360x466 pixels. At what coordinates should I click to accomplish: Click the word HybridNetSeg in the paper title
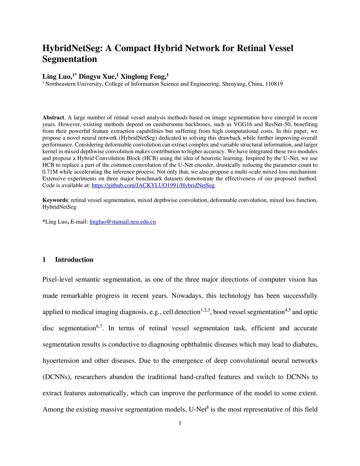tap(72, 48)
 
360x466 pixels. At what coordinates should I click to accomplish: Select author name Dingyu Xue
tap(97, 77)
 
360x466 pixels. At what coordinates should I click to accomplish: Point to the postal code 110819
tap(274, 84)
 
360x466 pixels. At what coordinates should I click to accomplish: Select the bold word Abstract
tap(53, 117)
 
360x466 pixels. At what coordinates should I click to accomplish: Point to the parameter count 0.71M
tap(49, 172)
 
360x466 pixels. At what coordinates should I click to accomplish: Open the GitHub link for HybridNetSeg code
tap(153, 185)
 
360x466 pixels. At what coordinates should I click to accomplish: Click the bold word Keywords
tap(55, 200)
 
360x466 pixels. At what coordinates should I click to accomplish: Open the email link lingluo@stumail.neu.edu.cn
tap(123, 222)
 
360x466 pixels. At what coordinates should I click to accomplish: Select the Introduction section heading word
tap(74, 260)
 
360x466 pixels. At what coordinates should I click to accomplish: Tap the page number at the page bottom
tap(180, 423)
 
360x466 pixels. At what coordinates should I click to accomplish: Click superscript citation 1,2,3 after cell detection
tap(205, 310)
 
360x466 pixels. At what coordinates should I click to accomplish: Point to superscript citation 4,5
tap(288, 310)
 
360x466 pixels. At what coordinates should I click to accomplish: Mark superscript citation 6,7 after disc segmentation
tap(99, 326)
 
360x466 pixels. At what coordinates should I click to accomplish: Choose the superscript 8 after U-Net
tap(207, 407)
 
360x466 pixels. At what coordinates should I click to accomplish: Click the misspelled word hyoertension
tap(60, 361)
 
